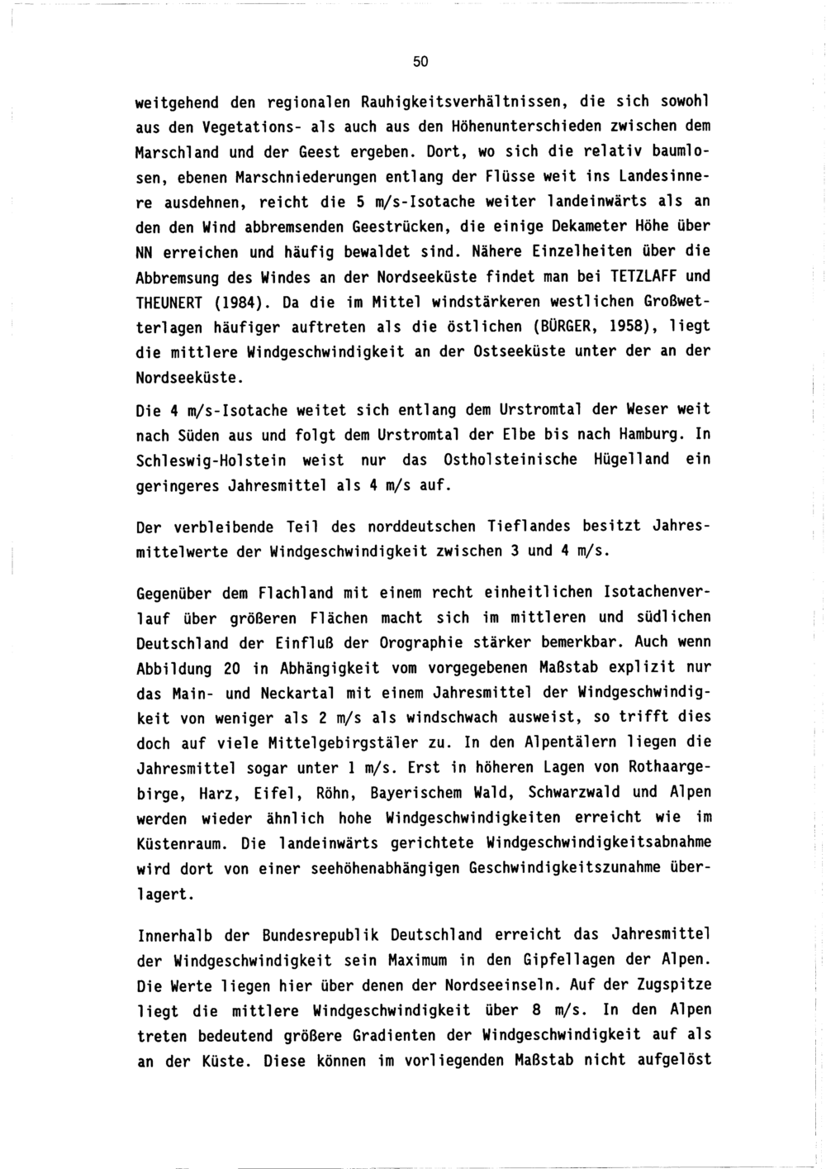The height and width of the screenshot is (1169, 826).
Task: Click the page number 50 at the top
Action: point(420,62)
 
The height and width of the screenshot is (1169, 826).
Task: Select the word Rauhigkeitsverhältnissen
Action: point(460,103)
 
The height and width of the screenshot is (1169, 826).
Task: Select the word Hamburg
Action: point(648,434)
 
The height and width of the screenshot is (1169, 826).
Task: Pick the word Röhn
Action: point(335,792)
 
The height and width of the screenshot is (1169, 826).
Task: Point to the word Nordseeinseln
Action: point(493,985)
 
